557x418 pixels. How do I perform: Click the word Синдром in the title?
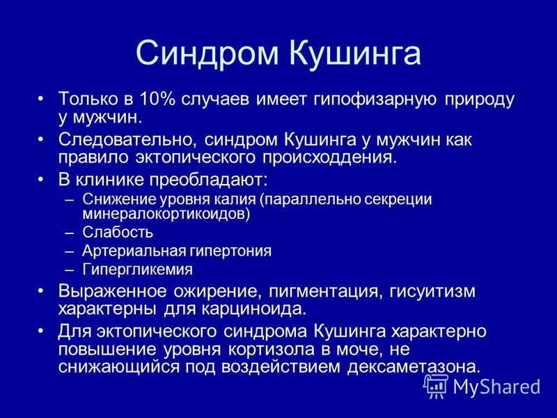point(207,54)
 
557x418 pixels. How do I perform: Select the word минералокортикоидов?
point(166,215)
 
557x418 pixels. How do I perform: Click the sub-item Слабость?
point(118,233)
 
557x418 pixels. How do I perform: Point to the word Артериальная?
point(134,251)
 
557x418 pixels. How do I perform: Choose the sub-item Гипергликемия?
point(137,270)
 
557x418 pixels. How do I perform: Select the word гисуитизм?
point(432,292)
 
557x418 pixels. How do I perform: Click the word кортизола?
point(271,350)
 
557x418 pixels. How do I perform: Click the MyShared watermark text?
point(496,387)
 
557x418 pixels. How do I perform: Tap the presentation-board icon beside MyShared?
point(435,387)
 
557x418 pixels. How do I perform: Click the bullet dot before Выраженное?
point(42,291)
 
